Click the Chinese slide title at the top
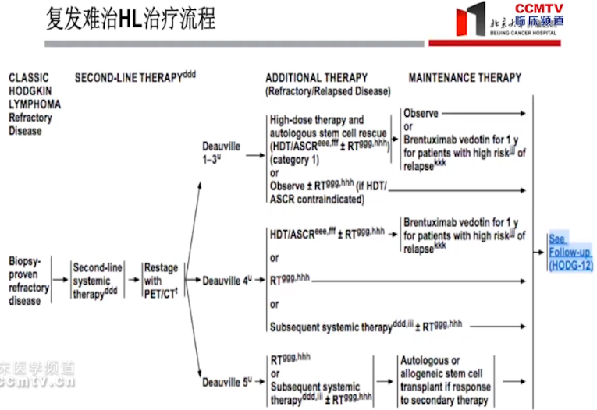pos(130,19)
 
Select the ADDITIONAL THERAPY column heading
pos(316,78)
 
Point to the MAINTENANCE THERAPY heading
pos(464,78)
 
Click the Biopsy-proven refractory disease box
pos(29,279)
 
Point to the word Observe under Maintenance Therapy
pos(421,113)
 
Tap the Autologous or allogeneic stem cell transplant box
pos(445,381)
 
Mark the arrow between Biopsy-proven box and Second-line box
pos(60,279)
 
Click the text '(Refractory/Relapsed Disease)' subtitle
pos(328,92)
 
